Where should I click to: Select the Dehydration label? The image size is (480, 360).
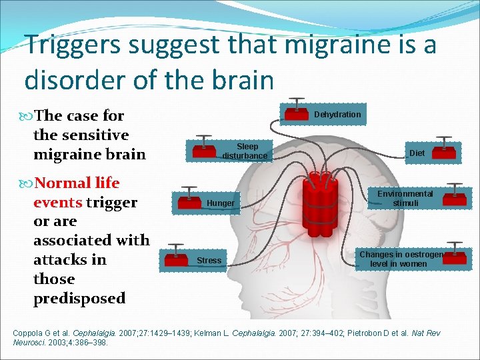point(337,115)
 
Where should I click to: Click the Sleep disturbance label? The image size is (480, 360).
point(246,151)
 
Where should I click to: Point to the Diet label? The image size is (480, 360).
point(417,153)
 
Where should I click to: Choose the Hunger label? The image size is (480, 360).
point(221,203)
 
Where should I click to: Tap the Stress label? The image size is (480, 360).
point(209,260)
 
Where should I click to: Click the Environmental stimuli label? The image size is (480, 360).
point(405,198)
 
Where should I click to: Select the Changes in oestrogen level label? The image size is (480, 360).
point(401,259)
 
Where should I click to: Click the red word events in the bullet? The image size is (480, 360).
point(57,202)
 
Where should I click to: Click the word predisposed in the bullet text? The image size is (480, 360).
point(79,298)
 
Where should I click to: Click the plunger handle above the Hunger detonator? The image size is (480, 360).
point(189,189)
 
